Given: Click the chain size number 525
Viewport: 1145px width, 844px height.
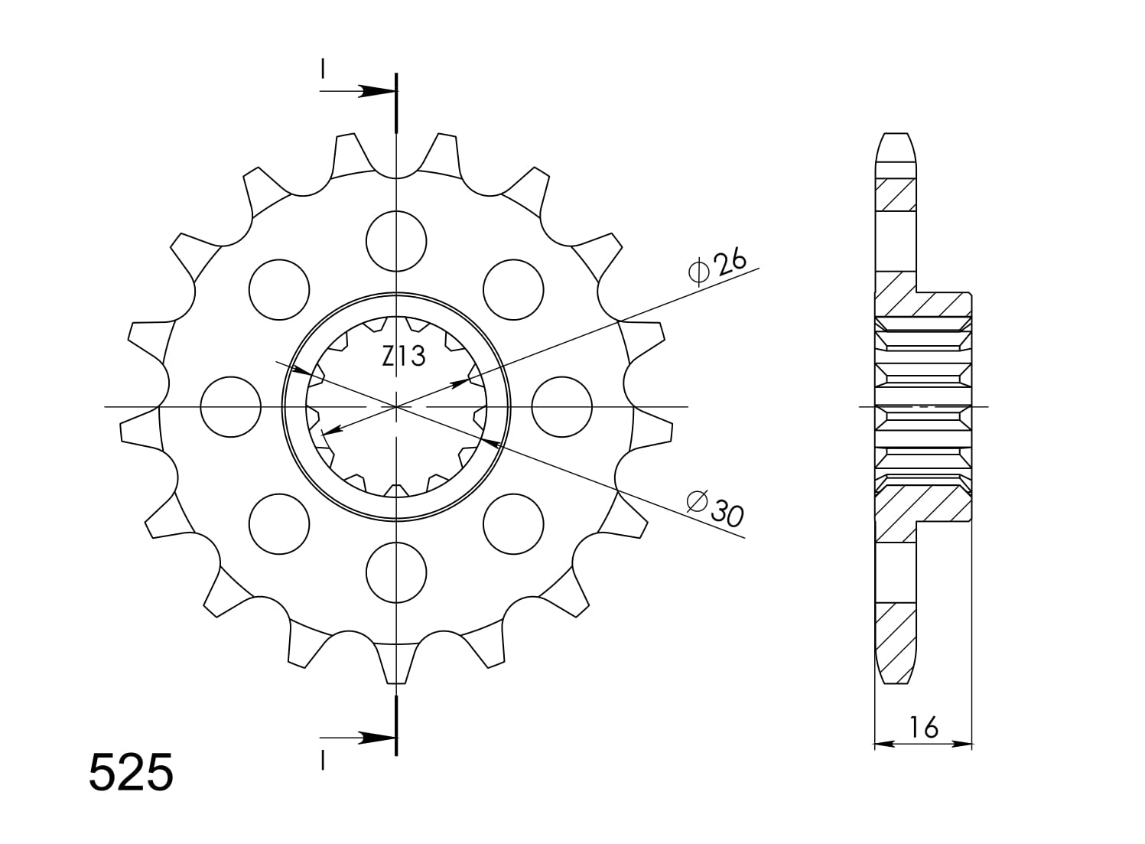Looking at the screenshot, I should coord(132,773).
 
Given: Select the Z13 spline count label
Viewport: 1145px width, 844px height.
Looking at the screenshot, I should coord(404,356).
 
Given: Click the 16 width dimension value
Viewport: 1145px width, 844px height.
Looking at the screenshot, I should coord(924,727).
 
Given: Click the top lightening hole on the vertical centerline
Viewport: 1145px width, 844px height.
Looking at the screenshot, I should coord(396,242).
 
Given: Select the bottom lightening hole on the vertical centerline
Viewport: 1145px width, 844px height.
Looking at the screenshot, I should coord(396,572).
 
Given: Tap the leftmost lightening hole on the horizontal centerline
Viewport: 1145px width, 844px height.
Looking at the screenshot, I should coord(230,407).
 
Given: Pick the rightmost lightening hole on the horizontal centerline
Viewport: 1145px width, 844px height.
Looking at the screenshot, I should coord(561,407).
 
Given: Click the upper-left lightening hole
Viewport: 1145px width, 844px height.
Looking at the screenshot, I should coord(279,290).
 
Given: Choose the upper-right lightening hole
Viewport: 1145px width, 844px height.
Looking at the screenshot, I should coord(513,290).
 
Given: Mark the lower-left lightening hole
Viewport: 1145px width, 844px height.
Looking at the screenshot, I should coord(279,523).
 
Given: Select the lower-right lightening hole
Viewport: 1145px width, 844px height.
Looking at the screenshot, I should coord(513,523).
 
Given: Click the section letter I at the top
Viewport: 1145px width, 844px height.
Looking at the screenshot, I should coord(324,70).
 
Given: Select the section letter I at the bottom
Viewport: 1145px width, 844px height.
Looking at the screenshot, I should coord(324,761).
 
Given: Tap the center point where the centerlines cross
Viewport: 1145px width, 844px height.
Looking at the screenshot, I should coord(396,407).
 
